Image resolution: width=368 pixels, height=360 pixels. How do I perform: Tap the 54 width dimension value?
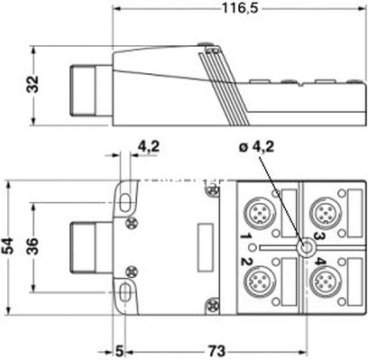click(x=9, y=244)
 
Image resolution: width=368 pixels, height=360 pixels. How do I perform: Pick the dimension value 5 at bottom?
click(x=118, y=347)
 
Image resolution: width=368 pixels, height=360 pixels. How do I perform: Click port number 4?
click(x=319, y=263)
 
